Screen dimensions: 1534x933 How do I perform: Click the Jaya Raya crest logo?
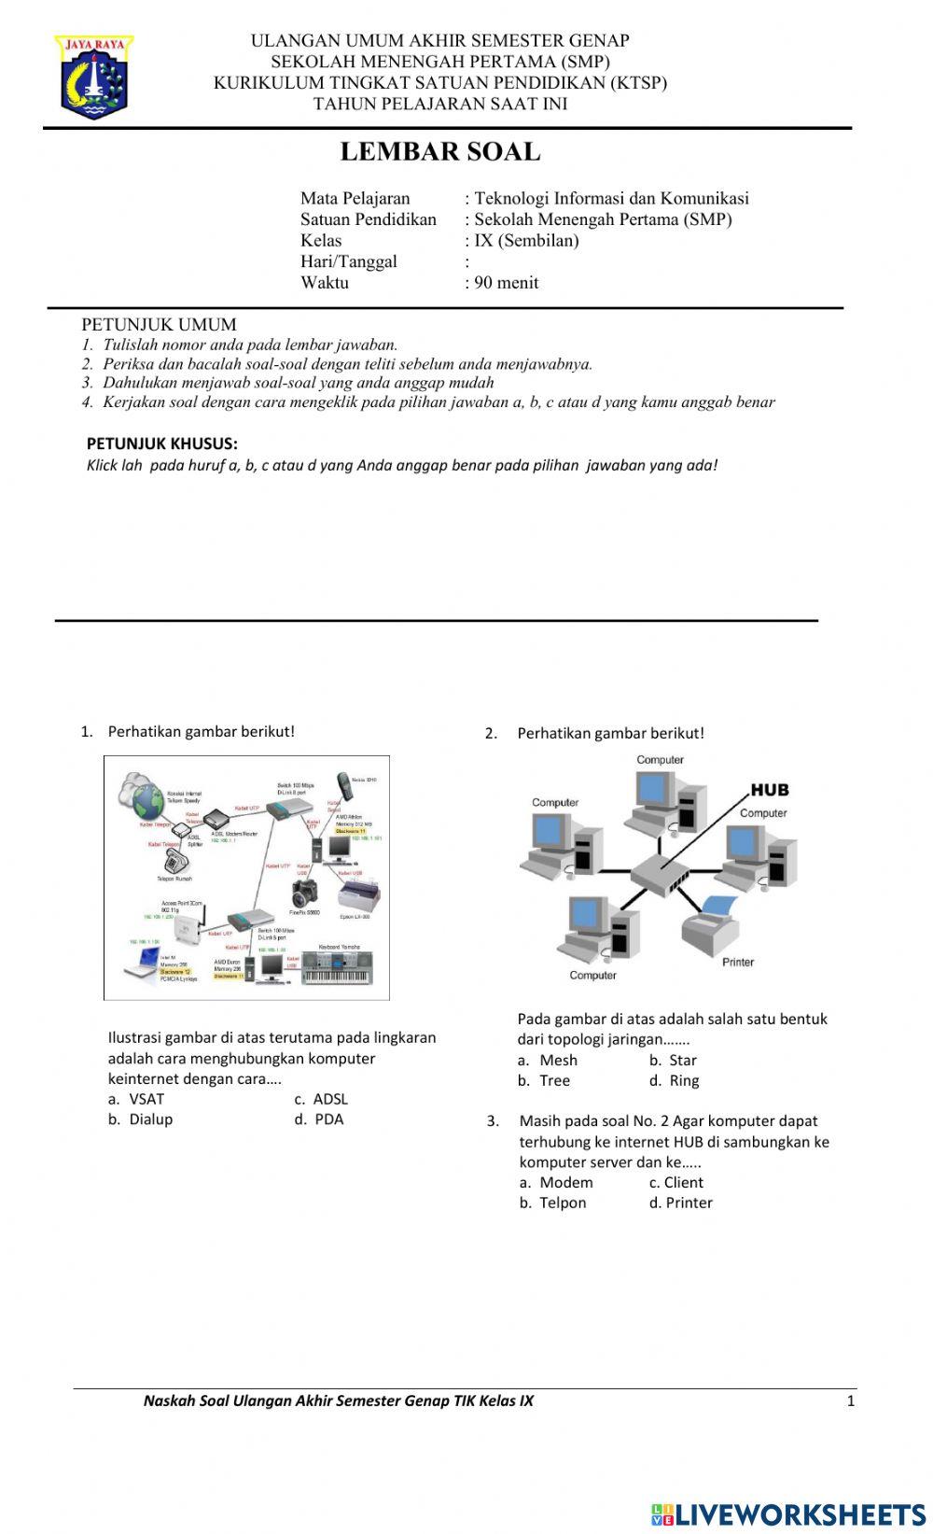(x=94, y=77)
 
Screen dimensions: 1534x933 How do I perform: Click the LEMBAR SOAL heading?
(x=439, y=151)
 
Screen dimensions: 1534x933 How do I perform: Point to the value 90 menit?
(x=506, y=283)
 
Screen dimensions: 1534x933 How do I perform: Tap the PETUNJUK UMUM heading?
(x=159, y=325)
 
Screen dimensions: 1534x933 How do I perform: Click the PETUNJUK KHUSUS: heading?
(x=161, y=443)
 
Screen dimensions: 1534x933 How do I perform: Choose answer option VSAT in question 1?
(x=146, y=1099)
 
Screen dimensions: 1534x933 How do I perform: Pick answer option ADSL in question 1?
(x=329, y=1099)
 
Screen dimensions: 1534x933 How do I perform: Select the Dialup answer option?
(x=150, y=1119)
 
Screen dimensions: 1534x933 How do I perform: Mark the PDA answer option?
(x=328, y=1119)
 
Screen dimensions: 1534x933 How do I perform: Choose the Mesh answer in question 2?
(x=558, y=1061)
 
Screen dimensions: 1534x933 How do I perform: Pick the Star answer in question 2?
(x=682, y=1061)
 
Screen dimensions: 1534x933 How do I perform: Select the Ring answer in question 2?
(x=683, y=1081)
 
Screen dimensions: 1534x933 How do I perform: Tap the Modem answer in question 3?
(x=565, y=1183)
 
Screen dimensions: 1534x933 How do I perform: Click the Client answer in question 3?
(x=683, y=1183)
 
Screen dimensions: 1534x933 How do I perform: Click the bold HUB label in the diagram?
(x=770, y=790)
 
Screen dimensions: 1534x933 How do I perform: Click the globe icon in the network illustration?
(x=146, y=800)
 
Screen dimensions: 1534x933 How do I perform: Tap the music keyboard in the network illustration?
(x=337, y=967)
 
